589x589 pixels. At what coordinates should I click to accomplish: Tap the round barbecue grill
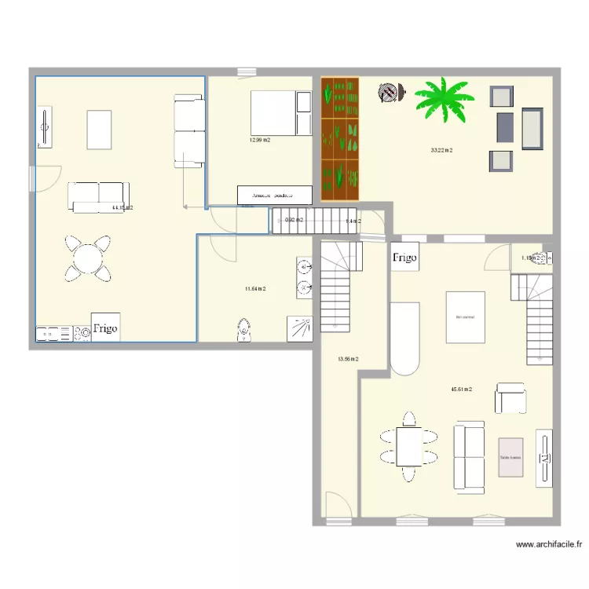pyautogui.click(x=389, y=93)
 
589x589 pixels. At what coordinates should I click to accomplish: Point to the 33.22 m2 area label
pyautogui.click(x=441, y=150)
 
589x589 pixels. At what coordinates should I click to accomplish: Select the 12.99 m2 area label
pyautogui.click(x=259, y=141)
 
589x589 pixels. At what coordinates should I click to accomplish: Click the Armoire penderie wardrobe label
pyautogui.click(x=273, y=195)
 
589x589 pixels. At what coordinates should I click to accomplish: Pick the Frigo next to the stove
pyautogui.click(x=105, y=328)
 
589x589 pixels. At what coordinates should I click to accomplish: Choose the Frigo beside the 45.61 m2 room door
pyautogui.click(x=405, y=257)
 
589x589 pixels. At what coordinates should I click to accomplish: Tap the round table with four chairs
pyautogui.click(x=87, y=258)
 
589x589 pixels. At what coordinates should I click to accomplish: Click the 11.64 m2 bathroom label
pyautogui.click(x=254, y=289)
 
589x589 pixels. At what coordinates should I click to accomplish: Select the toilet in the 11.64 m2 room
pyautogui.click(x=245, y=330)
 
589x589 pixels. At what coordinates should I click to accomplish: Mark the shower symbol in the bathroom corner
pyautogui.click(x=300, y=327)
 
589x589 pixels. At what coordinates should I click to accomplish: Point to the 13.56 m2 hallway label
pyautogui.click(x=348, y=359)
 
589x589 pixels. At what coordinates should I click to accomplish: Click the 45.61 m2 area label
pyautogui.click(x=461, y=390)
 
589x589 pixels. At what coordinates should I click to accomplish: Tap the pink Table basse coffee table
pyautogui.click(x=510, y=457)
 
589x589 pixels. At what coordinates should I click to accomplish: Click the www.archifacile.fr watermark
pyautogui.click(x=549, y=543)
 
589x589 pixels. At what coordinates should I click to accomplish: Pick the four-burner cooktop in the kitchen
pyautogui.click(x=53, y=335)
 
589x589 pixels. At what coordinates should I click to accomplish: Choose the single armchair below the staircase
pyautogui.click(x=510, y=399)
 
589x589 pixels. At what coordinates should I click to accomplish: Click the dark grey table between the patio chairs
pyautogui.click(x=505, y=127)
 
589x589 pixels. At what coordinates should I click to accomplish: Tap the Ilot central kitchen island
pyautogui.click(x=466, y=317)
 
